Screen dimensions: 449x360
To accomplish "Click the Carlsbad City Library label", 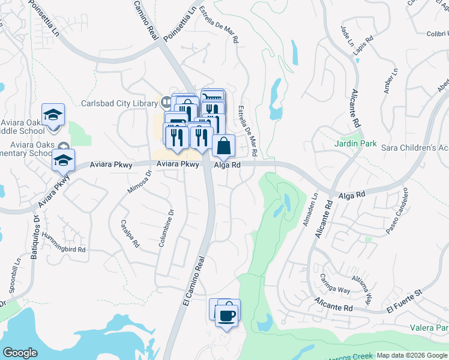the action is click(120, 103).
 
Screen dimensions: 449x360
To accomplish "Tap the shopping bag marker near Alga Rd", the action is click(223, 146).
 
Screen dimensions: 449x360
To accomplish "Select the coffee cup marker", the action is click(226, 315).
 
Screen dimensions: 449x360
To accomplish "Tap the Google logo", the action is click(20, 353).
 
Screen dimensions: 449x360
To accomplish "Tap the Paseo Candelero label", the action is click(397, 211).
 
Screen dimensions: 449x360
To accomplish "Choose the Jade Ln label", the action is click(347, 35).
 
